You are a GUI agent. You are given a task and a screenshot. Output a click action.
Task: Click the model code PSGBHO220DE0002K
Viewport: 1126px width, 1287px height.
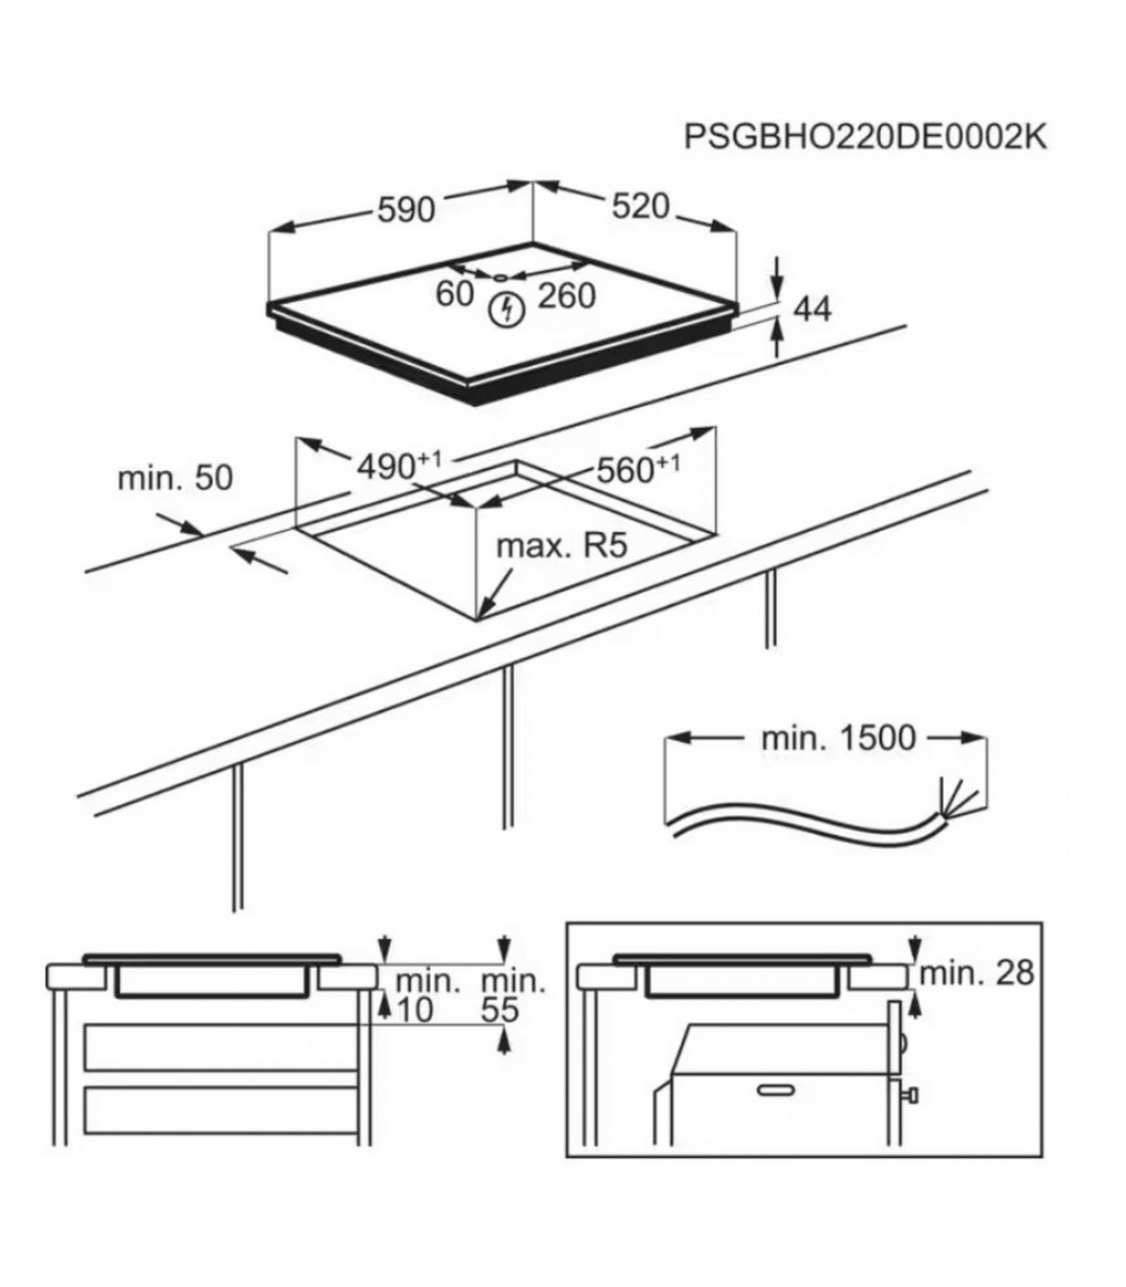click(865, 137)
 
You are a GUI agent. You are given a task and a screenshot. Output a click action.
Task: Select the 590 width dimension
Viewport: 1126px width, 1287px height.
click(405, 209)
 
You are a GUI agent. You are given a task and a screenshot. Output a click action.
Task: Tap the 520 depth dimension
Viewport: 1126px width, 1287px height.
click(640, 206)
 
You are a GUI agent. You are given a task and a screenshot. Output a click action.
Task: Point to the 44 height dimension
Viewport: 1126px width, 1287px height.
click(813, 310)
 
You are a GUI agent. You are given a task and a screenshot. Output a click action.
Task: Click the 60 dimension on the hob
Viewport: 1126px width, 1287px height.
click(454, 294)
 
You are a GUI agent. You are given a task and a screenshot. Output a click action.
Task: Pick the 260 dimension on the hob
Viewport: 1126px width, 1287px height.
click(566, 295)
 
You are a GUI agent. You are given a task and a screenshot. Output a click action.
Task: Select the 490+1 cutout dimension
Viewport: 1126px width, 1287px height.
click(399, 465)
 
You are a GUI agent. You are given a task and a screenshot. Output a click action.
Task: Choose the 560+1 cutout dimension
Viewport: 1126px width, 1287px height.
click(638, 469)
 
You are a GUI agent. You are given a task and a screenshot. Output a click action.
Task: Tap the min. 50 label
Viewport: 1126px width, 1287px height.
click(175, 477)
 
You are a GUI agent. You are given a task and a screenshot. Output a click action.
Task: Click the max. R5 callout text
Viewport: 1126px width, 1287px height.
click(562, 546)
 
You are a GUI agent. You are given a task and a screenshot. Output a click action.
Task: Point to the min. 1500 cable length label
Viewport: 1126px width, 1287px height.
click(838, 738)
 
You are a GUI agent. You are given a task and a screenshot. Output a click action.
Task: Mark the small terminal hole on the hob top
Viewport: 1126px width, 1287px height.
click(501, 277)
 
